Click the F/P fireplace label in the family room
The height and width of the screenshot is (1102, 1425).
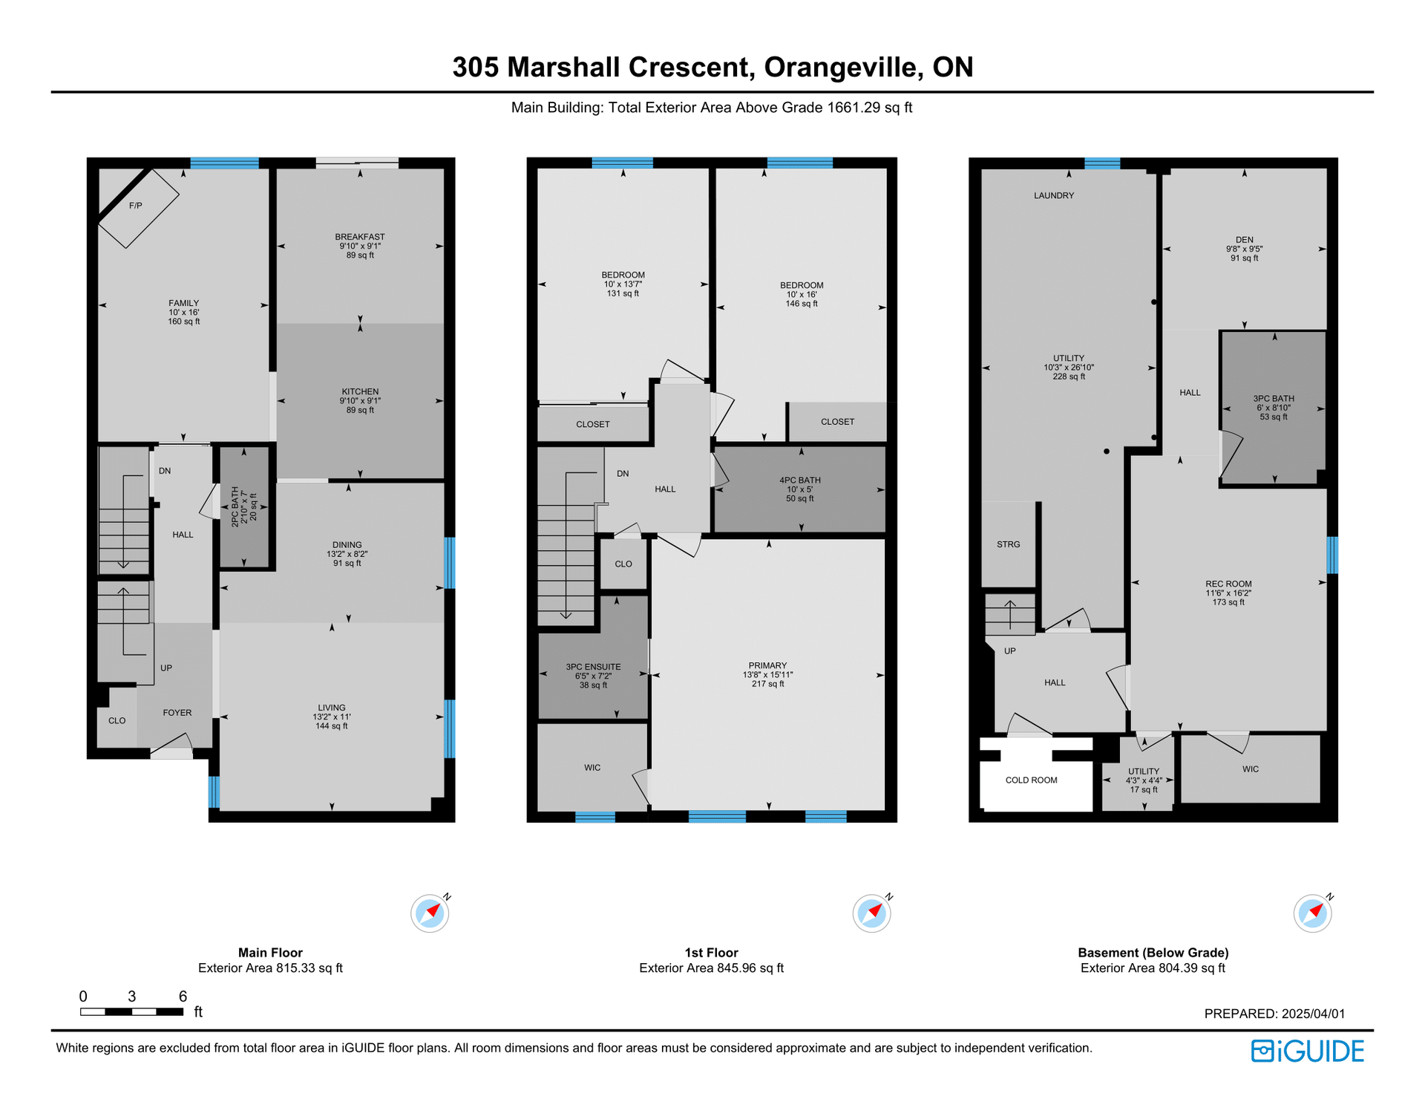tap(135, 206)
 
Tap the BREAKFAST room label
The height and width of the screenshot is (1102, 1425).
tap(360, 237)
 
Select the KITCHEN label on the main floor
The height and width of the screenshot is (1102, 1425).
tap(360, 391)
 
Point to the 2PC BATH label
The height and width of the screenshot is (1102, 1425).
tap(235, 507)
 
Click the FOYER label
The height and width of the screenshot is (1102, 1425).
tap(177, 713)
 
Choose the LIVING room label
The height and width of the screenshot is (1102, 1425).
tap(332, 708)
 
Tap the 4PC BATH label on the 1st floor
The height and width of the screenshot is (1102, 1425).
tap(800, 480)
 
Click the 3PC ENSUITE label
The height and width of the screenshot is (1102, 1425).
tap(593, 667)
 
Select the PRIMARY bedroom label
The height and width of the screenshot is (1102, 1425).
tap(768, 665)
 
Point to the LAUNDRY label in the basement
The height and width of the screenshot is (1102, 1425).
tap(1054, 195)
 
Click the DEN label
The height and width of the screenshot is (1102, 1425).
tap(1245, 240)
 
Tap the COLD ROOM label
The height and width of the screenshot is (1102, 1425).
tap(1032, 780)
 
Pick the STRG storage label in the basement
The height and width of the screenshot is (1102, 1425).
tap(1009, 544)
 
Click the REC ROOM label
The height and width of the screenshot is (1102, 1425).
tap(1228, 584)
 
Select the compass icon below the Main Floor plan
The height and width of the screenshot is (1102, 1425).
tap(430, 913)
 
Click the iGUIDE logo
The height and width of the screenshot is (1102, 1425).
tap(1308, 1051)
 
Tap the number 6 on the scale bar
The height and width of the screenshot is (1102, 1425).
tap(183, 997)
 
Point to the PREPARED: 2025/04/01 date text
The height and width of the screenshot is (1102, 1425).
tap(1274, 1014)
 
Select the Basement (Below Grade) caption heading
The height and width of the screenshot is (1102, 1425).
tap(1153, 953)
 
